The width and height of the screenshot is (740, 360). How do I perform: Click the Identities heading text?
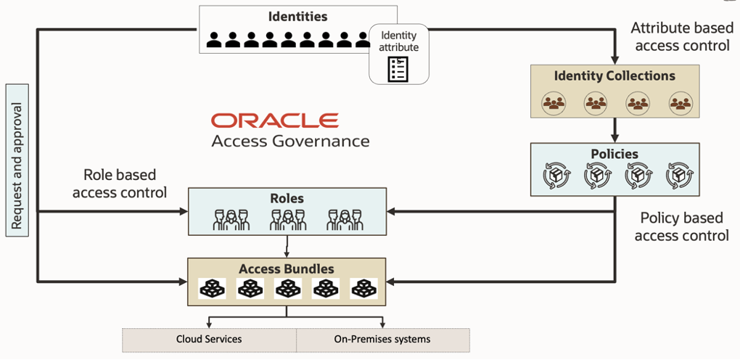pos(297,16)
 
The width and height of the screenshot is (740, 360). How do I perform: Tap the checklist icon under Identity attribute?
pos(398,67)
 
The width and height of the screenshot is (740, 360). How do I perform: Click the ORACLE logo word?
pos(275,120)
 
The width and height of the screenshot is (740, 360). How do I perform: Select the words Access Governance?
pos(290,141)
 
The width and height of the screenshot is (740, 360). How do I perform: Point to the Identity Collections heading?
pos(614,76)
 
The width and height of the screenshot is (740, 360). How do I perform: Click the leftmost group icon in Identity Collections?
pos(554,103)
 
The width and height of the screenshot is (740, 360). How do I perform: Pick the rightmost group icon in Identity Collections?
pos(680,103)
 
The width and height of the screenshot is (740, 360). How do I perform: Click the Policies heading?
pos(614,154)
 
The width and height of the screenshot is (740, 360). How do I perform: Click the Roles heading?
pos(287,198)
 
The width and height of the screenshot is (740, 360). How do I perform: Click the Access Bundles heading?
pos(287,269)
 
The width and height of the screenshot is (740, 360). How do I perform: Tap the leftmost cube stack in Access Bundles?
pos(213,289)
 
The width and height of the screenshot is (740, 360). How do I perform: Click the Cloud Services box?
pos(209,339)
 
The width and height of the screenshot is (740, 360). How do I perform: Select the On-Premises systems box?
pos(382,339)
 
